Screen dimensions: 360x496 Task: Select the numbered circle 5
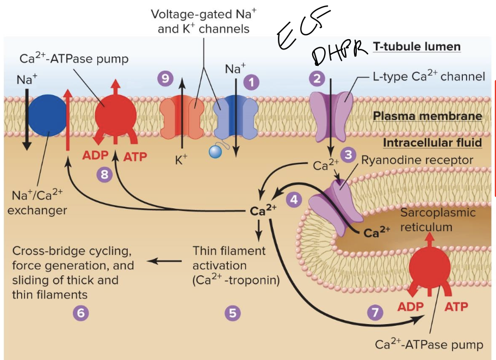click(232, 313)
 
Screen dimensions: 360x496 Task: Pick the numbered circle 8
click(103, 174)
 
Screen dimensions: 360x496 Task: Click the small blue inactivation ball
click(215, 153)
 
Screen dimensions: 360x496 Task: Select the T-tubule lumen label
click(417, 47)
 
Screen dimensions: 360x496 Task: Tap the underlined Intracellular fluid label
click(432, 142)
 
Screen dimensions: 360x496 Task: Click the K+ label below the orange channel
click(181, 160)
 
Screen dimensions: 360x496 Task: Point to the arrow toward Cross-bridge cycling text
click(165, 262)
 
